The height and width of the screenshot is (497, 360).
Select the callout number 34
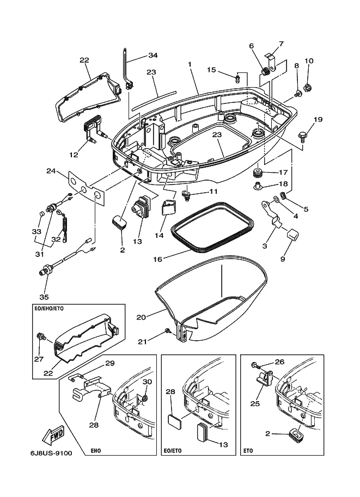(x=153, y=55)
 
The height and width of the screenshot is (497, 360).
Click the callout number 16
(x=157, y=259)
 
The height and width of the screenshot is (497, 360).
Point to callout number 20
(x=141, y=317)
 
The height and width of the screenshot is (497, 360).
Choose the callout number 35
(x=44, y=297)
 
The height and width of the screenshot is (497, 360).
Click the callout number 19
(x=318, y=120)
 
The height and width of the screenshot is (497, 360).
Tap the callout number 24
(x=51, y=171)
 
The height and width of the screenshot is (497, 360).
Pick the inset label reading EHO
(x=97, y=450)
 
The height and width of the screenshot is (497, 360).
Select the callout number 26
(x=280, y=361)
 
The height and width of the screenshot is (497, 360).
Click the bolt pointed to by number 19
(x=301, y=136)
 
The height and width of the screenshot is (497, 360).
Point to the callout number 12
(x=74, y=155)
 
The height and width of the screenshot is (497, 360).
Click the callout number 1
(x=190, y=64)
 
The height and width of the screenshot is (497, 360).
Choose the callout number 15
(x=211, y=70)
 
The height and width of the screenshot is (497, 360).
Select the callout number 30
(x=147, y=382)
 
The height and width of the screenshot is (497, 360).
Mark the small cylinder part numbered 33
(x=41, y=213)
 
